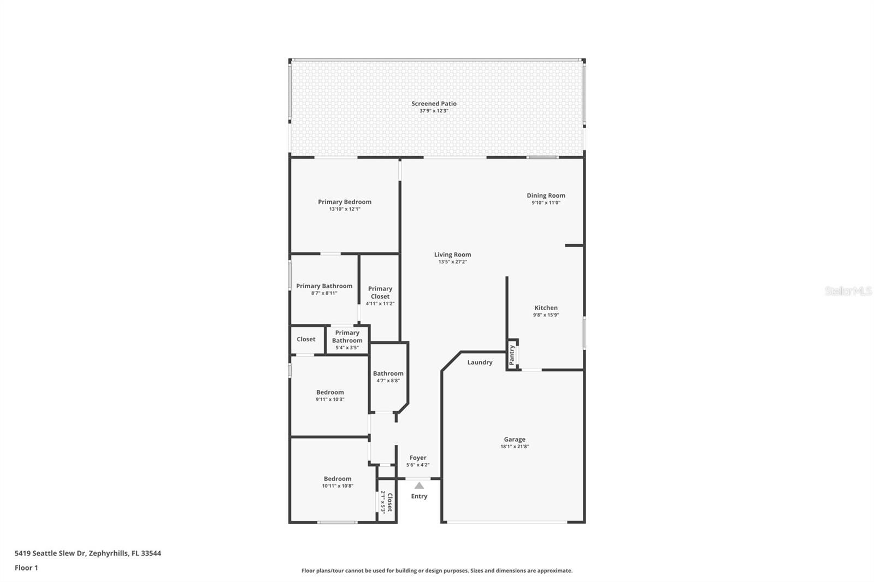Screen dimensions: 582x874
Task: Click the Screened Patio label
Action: pyautogui.click(x=434, y=103)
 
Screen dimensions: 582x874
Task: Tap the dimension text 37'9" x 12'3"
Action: pyautogui.click(x=434, y=111)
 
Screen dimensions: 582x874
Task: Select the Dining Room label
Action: pyautogui.click(x=546, y=195)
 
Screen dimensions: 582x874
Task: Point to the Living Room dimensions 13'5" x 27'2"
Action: pyautogui.click(x=452, y=262)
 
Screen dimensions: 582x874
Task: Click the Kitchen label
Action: pyautogui.click(x=546, y=308)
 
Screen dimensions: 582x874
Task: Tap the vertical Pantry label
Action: pyautogui.click(x=512, y=355)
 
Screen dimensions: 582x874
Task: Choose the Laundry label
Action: pyautogui.click(x=480, y=363)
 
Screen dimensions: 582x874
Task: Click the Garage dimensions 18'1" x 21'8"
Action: pyautogui.click(x=515, y=447)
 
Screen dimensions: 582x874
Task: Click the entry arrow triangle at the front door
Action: pyautogui.click(x=419, y=485)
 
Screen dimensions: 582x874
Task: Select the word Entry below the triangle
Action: pyautogui.click(x=419, y=496)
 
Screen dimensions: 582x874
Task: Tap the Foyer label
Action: pyautogui.click(x=418, y=458)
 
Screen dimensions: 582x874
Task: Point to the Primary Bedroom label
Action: pyautogui.click(x=345, y=202)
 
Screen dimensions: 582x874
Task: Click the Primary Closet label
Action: pyautogui.click(x=380, y=293)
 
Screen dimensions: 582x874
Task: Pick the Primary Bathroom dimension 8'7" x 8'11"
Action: pyautogui.click(x=324, y=293)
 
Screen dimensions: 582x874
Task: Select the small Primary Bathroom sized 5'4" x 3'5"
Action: pyautogui.click(x=347, y=337)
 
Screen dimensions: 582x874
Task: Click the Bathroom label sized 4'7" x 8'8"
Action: pyautogui.click(x=388, y=373)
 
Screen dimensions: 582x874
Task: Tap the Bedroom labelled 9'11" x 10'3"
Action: pyautogui.click(x=330, y=392)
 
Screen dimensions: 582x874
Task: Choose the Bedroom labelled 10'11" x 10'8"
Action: pyautogui.click(x=338, y=479)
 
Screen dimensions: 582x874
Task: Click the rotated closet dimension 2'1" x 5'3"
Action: pyautogui.click(x=383, y=502)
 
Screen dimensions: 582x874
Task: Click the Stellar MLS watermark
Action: pyautogui.click(x=848, y=292)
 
